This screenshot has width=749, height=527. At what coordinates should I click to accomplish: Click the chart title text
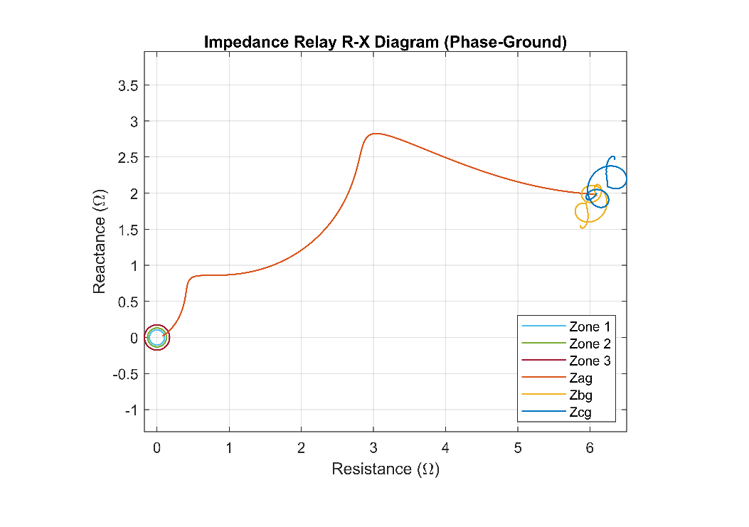click(x=385, y=42)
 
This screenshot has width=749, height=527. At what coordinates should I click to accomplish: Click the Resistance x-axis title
click(x=385, y=469)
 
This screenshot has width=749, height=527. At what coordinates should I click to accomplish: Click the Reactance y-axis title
click(x=100, y=242)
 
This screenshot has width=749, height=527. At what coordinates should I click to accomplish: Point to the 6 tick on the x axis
click(x=590, y=448)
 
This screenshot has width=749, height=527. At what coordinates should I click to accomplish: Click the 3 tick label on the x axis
click(x=373, y=448)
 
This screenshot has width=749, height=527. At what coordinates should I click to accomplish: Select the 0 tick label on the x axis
click(x=156, y=448)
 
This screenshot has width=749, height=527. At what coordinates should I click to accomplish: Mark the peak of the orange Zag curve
click(x=374, y=134)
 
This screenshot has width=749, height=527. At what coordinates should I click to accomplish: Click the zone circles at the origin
click(x=156, y=338)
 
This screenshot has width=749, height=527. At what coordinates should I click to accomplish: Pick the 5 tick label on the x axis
click(x=518, y=448)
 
